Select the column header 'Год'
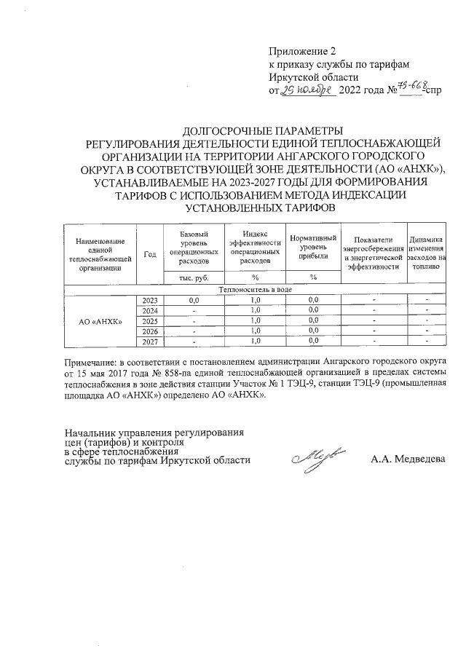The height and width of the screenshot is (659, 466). point(151,253)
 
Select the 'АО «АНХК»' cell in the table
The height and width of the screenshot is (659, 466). point(100,320)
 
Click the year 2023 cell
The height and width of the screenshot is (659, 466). point(151,299)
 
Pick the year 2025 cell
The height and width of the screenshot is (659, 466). point(151,320)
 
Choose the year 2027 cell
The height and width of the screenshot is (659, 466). point(151,341)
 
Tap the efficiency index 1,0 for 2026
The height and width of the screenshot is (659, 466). point(255,331)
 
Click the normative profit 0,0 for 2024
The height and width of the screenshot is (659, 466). point(313,310)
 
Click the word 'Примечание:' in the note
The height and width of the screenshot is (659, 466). point(92,361)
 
